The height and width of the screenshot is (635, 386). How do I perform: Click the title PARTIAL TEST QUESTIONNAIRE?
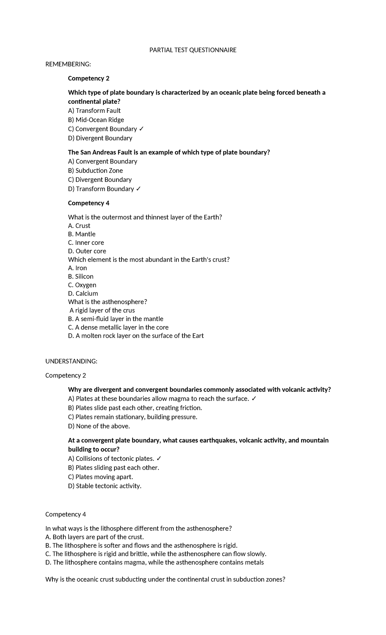(193, 50)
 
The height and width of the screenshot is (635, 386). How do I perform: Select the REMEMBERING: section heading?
(68, 64)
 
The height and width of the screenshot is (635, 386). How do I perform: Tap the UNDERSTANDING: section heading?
(71, 361)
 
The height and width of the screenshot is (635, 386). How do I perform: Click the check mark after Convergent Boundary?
(142, 129)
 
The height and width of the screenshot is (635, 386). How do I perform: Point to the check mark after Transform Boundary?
(138, 189)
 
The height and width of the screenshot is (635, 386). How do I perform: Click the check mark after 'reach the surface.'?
(254, 399)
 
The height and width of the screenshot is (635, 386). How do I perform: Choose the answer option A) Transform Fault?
(94, 111)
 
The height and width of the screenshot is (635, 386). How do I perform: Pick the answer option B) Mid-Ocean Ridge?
(96, 120)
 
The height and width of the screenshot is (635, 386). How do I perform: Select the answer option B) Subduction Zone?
(95, 171)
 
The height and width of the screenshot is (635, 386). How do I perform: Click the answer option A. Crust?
(79, 226)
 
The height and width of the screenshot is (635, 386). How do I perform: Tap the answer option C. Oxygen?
(82, 285)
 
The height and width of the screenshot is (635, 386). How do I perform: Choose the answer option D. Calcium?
(83, 293)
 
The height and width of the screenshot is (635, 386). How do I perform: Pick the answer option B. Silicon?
(81, 276)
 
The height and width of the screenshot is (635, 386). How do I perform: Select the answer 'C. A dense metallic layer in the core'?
(118, 327)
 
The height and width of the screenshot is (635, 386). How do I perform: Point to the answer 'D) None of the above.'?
(99, 426)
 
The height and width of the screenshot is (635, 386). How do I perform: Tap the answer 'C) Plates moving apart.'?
(100, 477)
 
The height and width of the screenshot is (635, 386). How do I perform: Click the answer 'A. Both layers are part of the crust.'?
(95, 537)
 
